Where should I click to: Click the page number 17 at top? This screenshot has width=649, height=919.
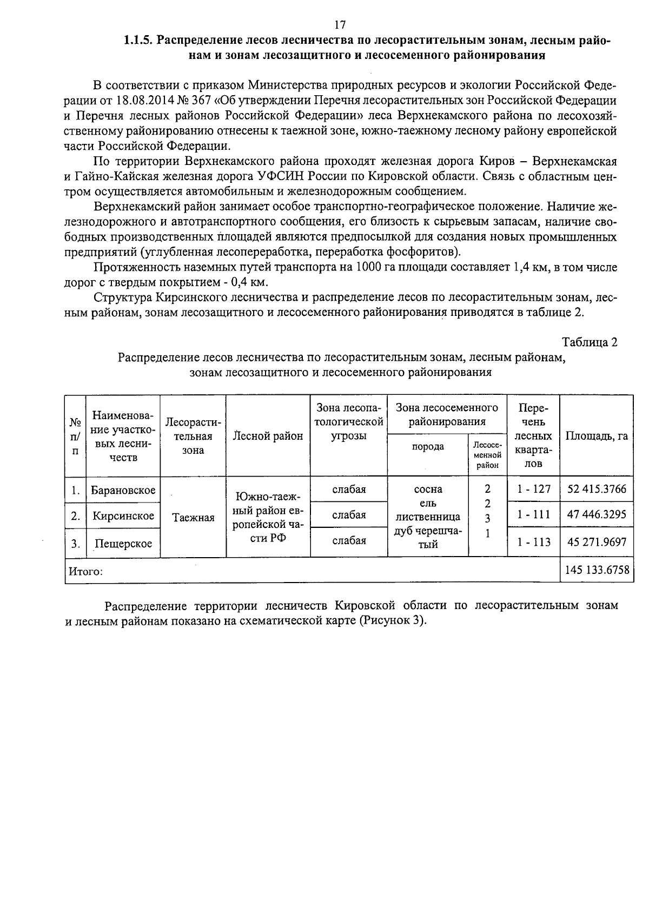point(339,25)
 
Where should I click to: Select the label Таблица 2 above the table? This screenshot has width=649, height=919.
point(590,342)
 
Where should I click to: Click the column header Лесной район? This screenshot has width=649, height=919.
point(268,436)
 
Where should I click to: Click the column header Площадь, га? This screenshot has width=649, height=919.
point(597,436)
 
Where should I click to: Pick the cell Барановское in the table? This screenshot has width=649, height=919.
point(123,490)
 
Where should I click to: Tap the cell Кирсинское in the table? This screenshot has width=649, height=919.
point(123,516)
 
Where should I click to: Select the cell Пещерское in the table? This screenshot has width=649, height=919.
point(123,544)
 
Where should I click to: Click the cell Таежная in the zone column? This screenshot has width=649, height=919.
point(193,518)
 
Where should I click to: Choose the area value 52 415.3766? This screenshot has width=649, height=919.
point(597,490)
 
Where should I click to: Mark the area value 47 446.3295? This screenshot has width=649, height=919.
point(597,515)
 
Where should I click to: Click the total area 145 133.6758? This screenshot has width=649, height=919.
point(597,570)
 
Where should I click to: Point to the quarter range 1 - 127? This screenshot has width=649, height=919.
point(533,490)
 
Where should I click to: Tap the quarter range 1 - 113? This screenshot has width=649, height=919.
point(533,541)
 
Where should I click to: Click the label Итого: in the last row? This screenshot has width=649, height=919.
point(84,571)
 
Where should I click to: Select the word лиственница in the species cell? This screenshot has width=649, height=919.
point(428,517)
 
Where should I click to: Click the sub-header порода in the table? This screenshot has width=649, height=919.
point(428,447)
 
